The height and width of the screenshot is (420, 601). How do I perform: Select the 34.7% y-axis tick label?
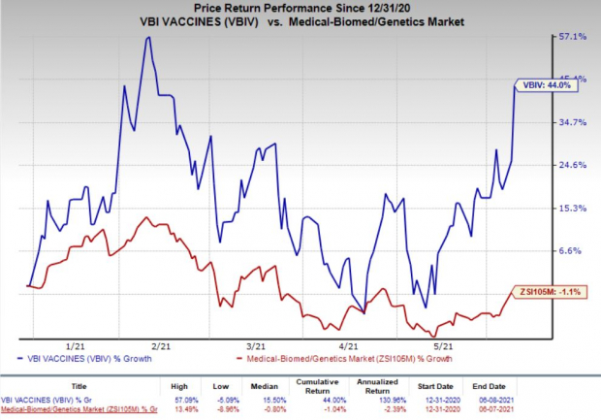[x=572, y=122]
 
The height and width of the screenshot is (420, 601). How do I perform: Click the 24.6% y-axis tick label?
[x=572, y=165]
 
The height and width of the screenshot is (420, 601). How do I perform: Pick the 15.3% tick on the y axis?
[x=572, y=208]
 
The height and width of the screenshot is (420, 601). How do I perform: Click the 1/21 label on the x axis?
[x=73, y=345]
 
